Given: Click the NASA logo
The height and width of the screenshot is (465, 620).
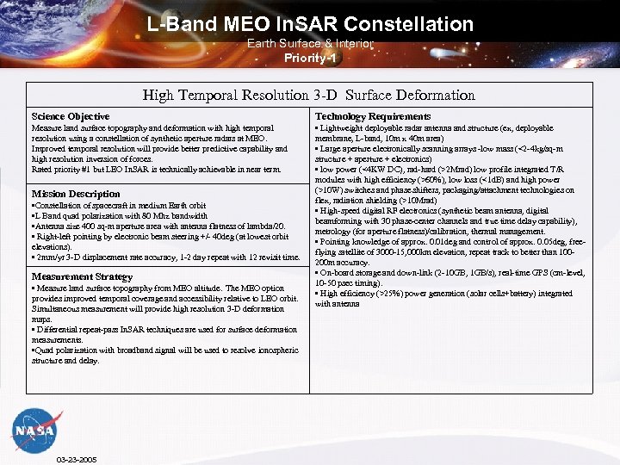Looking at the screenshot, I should [x=35, y=430].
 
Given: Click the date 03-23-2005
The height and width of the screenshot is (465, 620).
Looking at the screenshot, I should [x=76, y=459].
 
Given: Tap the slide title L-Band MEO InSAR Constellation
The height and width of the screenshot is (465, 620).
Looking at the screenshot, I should [x=310, y=24].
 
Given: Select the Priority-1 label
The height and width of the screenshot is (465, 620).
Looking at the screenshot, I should [x=310, y=59].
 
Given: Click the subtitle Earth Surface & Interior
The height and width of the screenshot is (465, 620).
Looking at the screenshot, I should [x=310, y=43].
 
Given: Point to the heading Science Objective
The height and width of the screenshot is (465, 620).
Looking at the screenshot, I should [x=71, y=116].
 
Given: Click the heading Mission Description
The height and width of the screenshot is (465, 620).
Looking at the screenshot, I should [x=76, y=194].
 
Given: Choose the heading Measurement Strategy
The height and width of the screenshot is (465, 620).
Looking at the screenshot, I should [x=82, y=276].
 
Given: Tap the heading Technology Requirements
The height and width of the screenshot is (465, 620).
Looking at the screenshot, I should [x=372, y=116].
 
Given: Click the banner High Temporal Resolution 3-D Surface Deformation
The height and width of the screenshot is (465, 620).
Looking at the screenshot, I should [x=308, y=95].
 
